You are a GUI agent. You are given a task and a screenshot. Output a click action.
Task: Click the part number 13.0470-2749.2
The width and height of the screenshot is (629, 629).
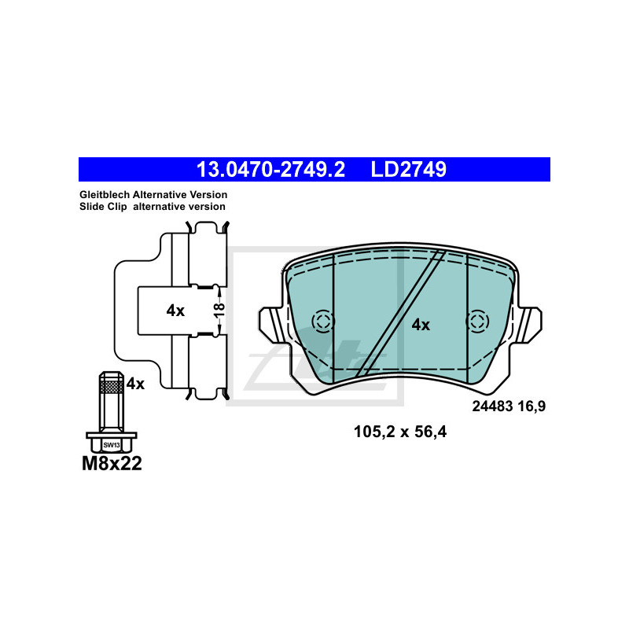(x=270, y=169)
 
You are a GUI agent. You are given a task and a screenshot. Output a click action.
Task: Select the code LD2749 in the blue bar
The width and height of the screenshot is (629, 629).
(x=408, y=169)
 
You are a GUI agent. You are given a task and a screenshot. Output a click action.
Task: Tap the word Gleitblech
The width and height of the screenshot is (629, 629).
(x=105, y=195)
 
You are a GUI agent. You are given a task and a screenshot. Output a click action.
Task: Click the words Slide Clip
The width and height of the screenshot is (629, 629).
(x=103, y=207)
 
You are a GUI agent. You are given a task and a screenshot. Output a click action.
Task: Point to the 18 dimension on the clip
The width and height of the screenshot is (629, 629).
(x=219, y=310)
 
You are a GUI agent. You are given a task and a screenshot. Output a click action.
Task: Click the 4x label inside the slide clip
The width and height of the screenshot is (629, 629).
(x=175, y=311)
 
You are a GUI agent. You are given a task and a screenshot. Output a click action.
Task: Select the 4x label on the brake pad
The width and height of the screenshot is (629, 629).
(x=421, y=325)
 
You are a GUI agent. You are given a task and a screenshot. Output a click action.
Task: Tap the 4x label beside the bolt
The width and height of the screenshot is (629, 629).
(x=135, y=384)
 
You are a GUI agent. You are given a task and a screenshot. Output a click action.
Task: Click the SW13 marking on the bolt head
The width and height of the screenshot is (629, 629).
(x=112, y=445)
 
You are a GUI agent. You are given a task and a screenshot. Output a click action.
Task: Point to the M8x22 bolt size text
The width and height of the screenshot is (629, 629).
(x=112, y=464)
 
